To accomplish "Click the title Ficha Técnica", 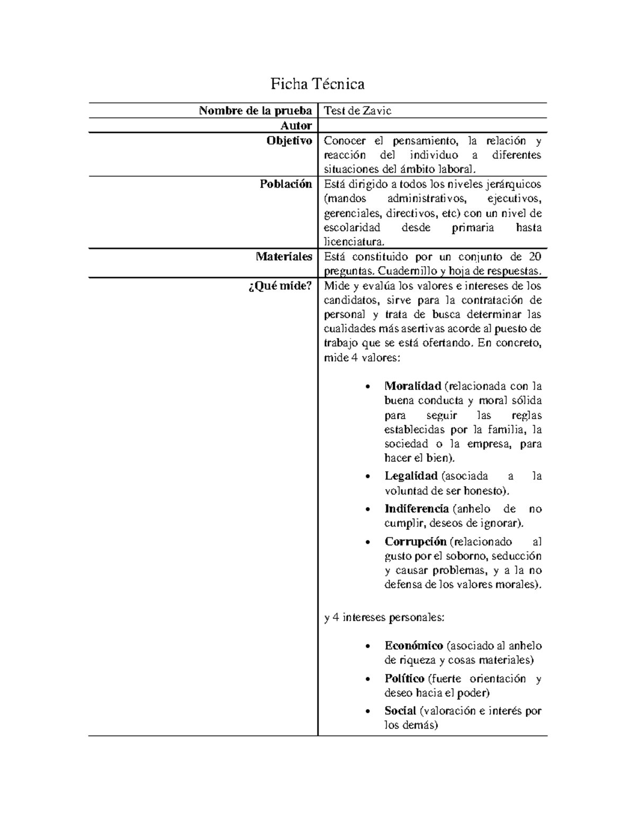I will pos(317,84).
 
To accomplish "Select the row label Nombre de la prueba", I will pos(255,111).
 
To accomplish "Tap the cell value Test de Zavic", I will pos(357,111).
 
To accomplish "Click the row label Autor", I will pos(296,126).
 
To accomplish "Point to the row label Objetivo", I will pos(289,140).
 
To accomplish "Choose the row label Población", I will pos(286,184).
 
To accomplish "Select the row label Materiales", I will pos(284,257).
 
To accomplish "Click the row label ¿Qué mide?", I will pos(280,286).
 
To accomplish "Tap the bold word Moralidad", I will pos(413,386).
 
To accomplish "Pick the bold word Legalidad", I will pos(411,476).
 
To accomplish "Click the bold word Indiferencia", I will pos(417,509).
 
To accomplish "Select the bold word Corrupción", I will pos(416,542).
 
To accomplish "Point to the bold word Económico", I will pos(413,645).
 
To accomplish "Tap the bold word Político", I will pos(404,678).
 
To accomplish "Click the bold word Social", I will pos(400,711).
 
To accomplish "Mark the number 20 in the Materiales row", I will pos(535,257).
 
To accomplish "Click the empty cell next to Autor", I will pos(432,126).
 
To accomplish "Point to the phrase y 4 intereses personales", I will pos(384,617).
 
